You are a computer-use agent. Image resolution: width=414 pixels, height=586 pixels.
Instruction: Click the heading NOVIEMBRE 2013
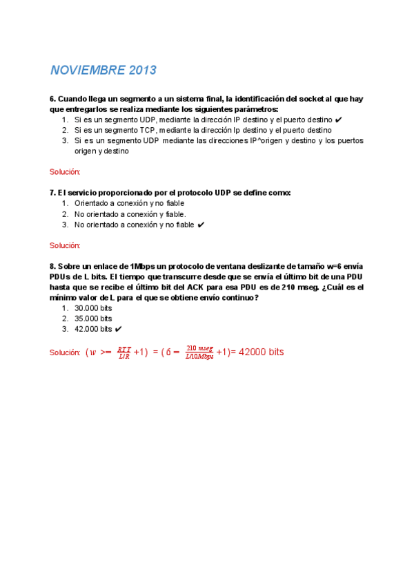click(x=103, y=70)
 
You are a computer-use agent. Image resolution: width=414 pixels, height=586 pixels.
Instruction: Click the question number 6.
click(x=52, y=99)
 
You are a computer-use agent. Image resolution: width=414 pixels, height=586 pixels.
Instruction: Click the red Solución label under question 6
click(x=65, y=171)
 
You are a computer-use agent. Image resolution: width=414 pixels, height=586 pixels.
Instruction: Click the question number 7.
click(x=52, y=193)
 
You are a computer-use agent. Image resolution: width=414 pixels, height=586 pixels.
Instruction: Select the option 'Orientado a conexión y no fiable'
click(x=129, y=203)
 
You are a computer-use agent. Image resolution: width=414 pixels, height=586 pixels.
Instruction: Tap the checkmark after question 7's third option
click(x=201, y=225)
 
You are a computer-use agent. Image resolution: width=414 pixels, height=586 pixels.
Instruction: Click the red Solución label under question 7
click(x=65, y=245)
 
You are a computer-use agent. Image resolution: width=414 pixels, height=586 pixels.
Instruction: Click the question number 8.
click(x=52, y=266)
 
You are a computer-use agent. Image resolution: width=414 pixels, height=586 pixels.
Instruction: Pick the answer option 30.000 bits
click(x=93, y=308)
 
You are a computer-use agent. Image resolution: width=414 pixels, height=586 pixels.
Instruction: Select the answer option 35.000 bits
click(x=93, y=319)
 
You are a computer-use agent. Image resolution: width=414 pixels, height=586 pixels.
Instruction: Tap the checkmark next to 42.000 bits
click(x=119, y=329)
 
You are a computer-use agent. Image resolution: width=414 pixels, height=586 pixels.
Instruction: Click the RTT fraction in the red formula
click(x=124, y=352)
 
